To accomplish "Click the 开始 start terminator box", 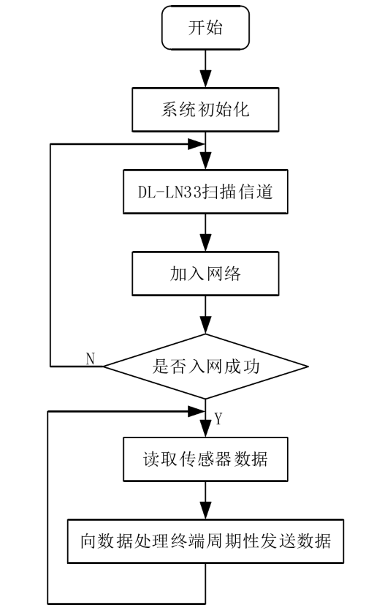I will point(205,30).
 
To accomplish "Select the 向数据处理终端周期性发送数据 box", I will point(205,542).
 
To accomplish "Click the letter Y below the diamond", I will point(218,418).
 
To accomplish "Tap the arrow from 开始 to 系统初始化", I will point(205,71).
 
